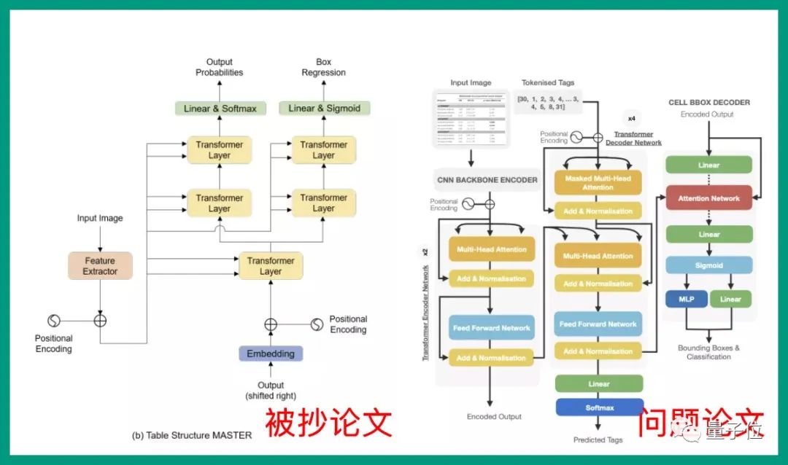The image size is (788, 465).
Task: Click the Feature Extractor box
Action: pyautogui.click(x=100, y=265)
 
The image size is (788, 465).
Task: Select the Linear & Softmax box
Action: pyautogui.click(x=220, y=109)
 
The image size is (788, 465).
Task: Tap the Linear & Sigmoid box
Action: pyautogui.click(x=324, y=109)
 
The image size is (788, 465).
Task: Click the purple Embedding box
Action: pyautogui.click(x=270, y=353)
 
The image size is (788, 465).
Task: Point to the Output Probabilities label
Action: pyautogui.click(x=219, y=68)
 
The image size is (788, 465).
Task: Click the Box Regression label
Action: pyautogui.click(x=323, y=68)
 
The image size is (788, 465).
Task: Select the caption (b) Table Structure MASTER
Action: pyautogui.click(x=192, y=435)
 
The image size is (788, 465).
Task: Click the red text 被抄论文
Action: pyautogui.click(x=328, y=423)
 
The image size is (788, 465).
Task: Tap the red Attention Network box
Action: pyautogui.click(x=708, y=198)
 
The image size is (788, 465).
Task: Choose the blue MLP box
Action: pyautogui.click(x=686, y=299)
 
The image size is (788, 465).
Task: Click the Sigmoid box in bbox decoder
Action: pyautogui.click(x=708, y=265)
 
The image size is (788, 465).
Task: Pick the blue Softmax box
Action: pyautogui.click(x=599, y=407)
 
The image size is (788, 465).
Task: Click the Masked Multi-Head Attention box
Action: pyautogui.click(x=598, y=182)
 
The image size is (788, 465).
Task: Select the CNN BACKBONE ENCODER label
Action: pyautogui.click(x=487, y=179)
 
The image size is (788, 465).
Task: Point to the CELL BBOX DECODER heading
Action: pyautogui.click(x=708, y=103)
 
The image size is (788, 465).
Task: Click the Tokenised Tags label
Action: pyautogui.click(x=549, y=83)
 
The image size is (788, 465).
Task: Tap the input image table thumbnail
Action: pyautogui.click(x=471, y=117)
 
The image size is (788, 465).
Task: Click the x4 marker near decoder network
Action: pyautogui.click(x=631, y=117)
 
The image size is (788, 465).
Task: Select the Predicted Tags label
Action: pyautogui.click(x=599, y=439)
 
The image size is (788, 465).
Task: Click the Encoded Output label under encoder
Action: pyautogui.click(x=494, y=416)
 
